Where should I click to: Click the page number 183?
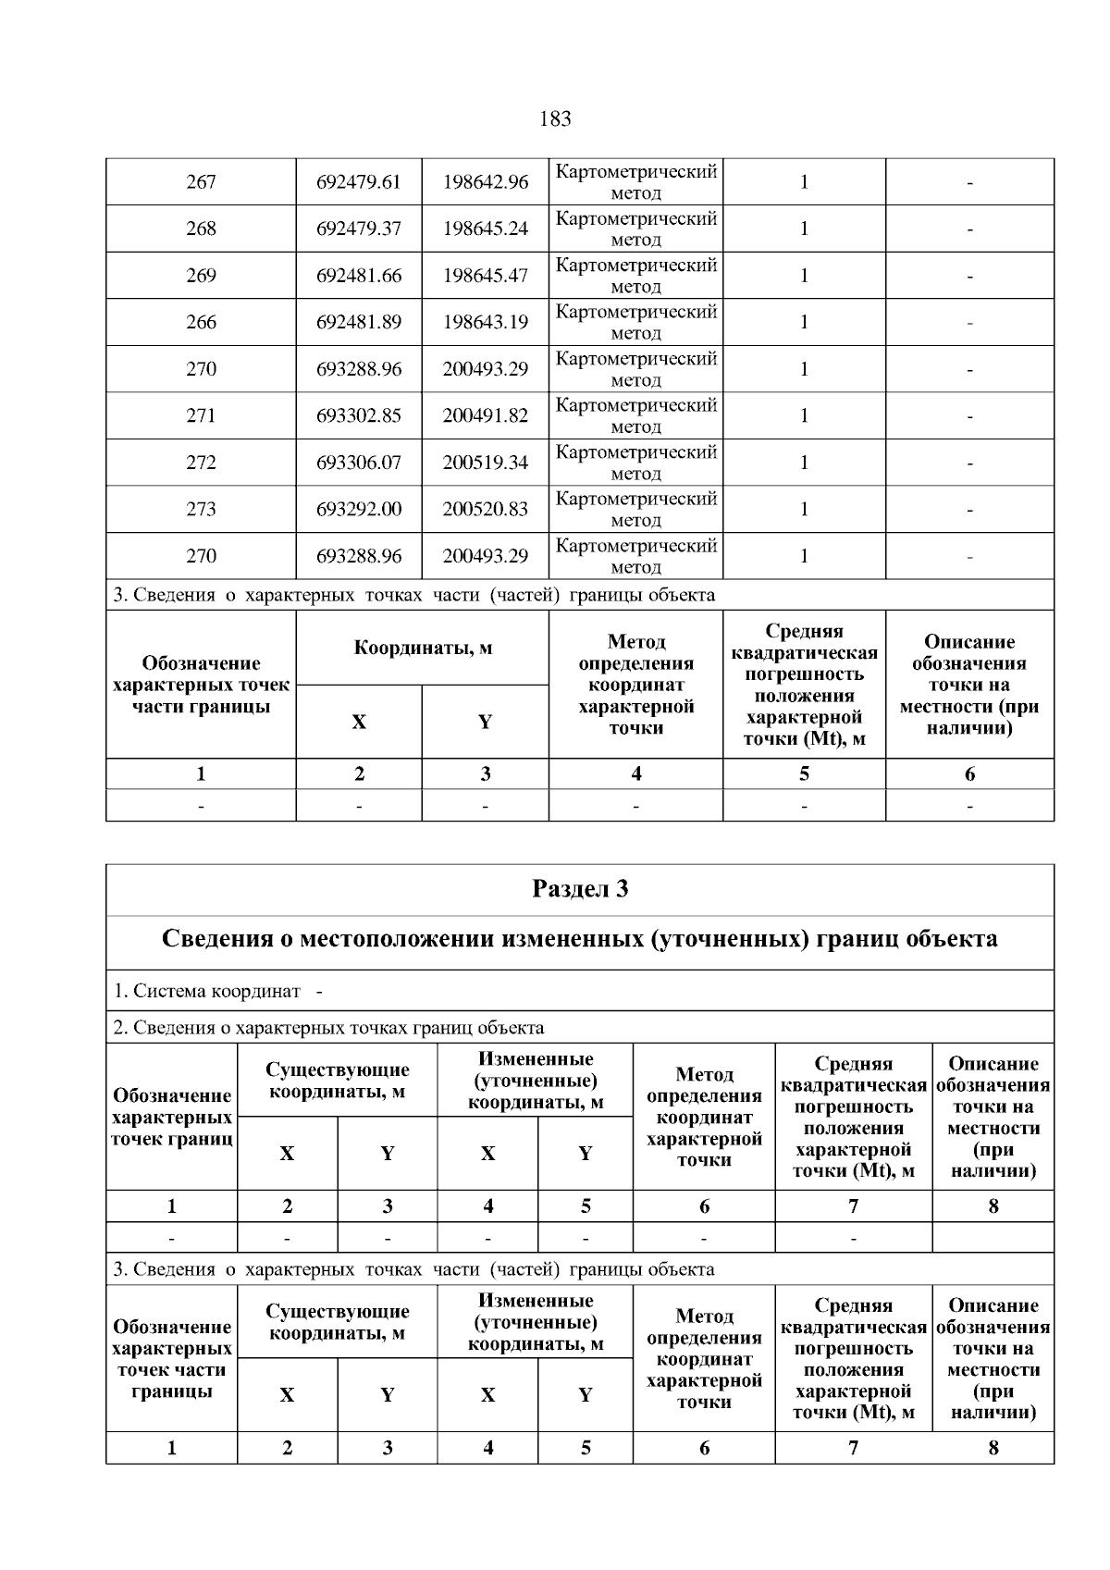tap(554, 118)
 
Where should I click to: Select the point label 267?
tap(201, 182)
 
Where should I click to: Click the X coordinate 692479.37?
tap(359, 229)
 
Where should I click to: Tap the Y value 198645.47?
tap(485, 276)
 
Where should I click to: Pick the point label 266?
tap(201, 322)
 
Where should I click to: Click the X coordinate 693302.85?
tap(359, 415)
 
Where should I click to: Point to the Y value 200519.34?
tap(485, 463)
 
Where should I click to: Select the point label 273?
tap(201, 509)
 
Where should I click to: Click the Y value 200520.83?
tap(485, 509)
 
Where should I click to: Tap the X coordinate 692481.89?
tap(359, 322)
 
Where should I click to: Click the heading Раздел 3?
tap(580, 889)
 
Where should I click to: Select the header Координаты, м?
tap(423, 648)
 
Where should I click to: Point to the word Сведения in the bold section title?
tap(217, 939)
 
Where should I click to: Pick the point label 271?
tap(201, 415)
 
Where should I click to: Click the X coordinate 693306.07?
tap(359, 463)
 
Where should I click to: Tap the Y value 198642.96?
tap(485, 182)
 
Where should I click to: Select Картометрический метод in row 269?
tap(636, 276)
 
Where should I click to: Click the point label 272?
tap(201, 463)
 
